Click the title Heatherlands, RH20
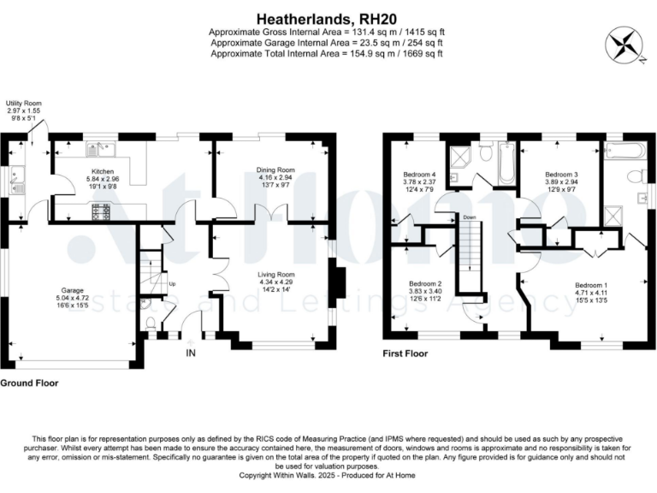pos(328,17)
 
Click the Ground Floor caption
pos(30,383)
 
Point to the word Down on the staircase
pos(469,217)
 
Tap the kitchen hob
pos(100,211)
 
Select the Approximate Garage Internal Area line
pos(328,43)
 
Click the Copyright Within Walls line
pos(328,474)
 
